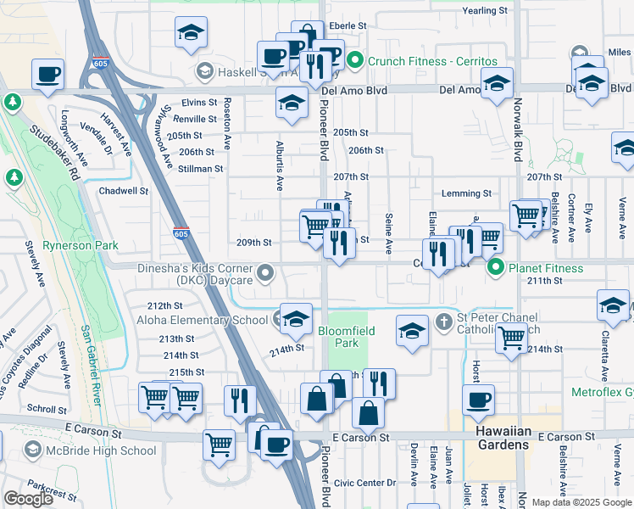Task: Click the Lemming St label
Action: click(466, 194)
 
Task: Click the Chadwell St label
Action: click(124, 191)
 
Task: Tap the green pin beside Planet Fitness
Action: click(496, 268)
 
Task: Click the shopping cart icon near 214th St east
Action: click(512, 338)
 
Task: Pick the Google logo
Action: click(28, 499)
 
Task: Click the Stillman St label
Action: click(200, 169)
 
